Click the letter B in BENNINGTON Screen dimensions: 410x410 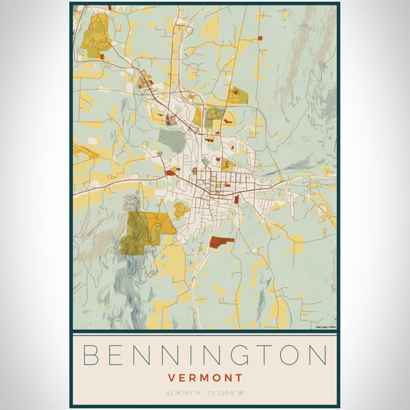[90, 356]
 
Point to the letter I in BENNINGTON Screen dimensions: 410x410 [180, 356]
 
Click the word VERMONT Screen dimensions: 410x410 [205, 377]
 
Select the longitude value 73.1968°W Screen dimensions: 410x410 [232, 392]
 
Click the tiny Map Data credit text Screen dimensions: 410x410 [325, 327]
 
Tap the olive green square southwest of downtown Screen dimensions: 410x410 [134, 243]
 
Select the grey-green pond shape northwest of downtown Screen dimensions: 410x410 [172, 141]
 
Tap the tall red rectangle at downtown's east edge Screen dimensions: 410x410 [236, 200]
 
